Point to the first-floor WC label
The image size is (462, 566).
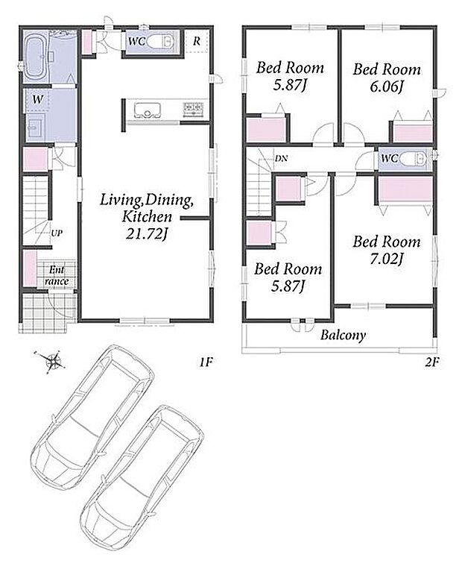[x=136, y=41]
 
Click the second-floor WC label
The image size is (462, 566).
[x=390, y=158]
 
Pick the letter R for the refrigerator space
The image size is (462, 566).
[x=197, y=41]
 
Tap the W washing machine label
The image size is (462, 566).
[x=37, y=99]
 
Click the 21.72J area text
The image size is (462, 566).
[x=147, y=235]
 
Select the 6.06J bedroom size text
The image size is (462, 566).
[x=387, y=87]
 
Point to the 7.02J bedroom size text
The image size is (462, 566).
[x=387, y=259]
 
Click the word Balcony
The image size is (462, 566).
[x=343, y=336]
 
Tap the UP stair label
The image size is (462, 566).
[x=57, y=233]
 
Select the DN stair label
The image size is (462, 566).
[x=282, y=158]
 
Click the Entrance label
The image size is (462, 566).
[x=57, y=275]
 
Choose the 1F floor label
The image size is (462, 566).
[x=206, y=362]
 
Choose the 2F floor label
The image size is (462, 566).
[x=432, y=362]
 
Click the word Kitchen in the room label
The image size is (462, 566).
[x=147, y=217]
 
